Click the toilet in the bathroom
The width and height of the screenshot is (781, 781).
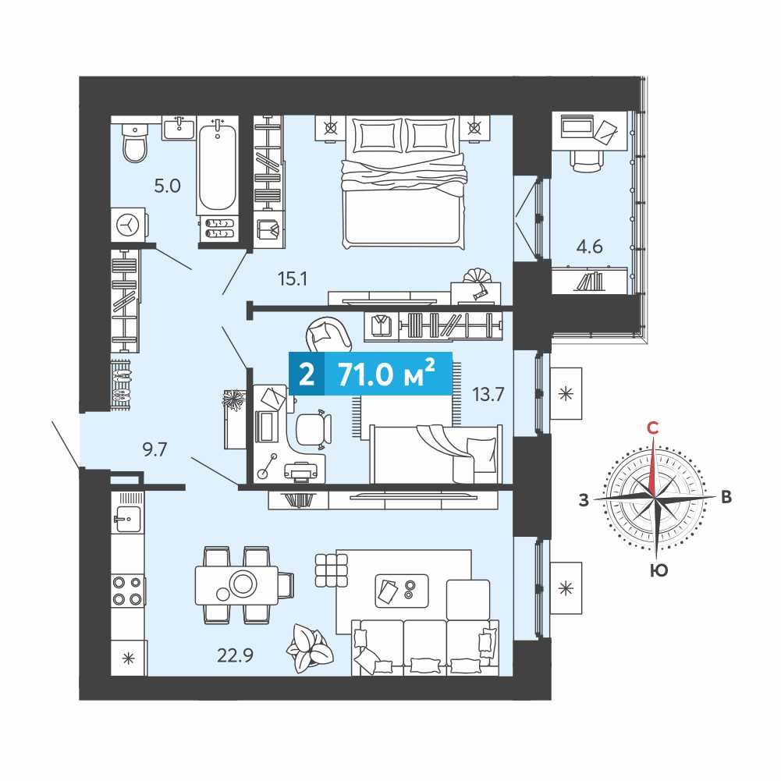[134, 143]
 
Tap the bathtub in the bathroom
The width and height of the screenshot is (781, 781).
[217, 166]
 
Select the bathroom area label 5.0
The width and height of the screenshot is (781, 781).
[167, 186]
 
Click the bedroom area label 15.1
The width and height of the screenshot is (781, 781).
[293, 279]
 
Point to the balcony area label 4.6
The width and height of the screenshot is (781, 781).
[589, 246]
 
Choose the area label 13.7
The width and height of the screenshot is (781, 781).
[488, 395]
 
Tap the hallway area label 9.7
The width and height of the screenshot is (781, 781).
[154, 449]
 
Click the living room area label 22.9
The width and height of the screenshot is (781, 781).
[235, 655]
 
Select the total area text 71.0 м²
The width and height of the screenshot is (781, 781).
[386, 374]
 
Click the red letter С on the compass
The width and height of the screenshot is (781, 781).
[652, 428]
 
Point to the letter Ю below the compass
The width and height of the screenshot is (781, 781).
[659, 570]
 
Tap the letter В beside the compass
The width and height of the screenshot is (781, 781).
[726, 496]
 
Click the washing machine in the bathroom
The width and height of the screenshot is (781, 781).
[130, 225]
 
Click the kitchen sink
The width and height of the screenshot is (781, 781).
[127, 519]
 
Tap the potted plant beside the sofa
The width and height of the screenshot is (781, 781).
[309, 649]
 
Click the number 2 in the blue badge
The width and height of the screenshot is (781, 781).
[307, 375]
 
